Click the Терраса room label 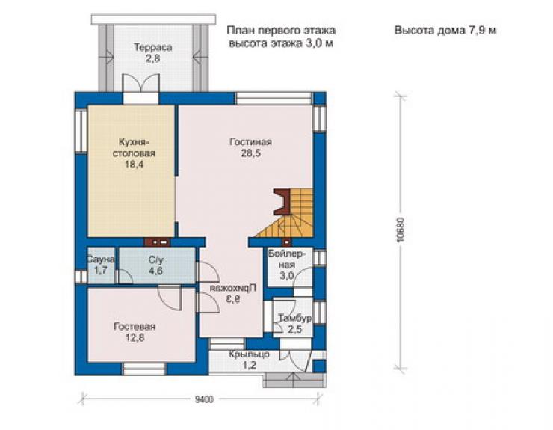152,47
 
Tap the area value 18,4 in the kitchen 134,165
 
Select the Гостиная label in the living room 251,142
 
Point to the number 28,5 251,153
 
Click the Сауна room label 101,259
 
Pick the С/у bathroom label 155,260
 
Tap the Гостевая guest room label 135,327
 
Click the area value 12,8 135,338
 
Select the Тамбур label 295,318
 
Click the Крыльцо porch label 249,354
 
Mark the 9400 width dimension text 204,399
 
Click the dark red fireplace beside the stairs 282,202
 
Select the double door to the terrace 140,83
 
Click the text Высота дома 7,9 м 445,31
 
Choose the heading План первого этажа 281,31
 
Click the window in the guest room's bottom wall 144,369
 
